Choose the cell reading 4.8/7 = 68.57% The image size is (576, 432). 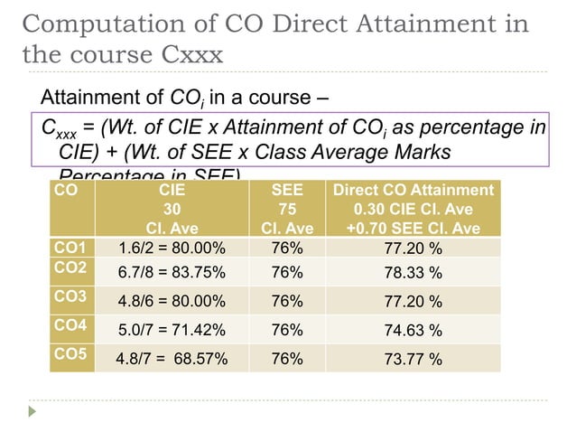pyautogui.click(x=172, y=360)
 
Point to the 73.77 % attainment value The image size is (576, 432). pyautogui.click(x=413, y=360)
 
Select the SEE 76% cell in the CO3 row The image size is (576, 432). pyautogui.click(x=286, y=302)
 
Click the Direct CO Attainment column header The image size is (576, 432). pyautogui.click(x=413, y=209)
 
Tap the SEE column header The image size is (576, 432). pyautogui.click(x=286, y=209)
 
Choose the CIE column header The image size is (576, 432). pyautogui.click(x=172, y=209)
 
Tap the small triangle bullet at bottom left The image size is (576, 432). pyautogui.click(x=34, y=410)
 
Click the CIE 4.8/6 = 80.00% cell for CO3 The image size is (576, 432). pyautogui.click(x=172, y=302)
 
